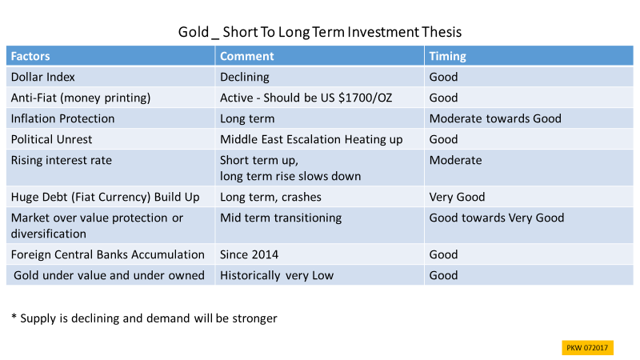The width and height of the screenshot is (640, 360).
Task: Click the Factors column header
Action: coord(30,56)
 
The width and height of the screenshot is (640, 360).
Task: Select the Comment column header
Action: coord(247,56)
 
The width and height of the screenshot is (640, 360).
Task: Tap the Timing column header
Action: coord(447,56)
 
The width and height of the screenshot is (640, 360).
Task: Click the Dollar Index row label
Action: coord(43,77)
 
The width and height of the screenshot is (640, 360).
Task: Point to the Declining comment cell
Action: coord(245,77)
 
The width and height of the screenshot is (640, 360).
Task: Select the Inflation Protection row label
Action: coord(62,118)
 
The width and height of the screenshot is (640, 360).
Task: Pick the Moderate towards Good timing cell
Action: coord(495,118)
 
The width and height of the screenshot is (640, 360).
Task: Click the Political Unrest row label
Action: coord(51,139)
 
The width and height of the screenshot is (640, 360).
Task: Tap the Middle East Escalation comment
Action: coord(311,139)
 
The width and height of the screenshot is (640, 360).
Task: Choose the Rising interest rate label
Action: coord(62,161)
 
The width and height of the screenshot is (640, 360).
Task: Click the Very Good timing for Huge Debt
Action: coord(457,197)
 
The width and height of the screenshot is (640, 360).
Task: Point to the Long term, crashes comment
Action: coord(270,197)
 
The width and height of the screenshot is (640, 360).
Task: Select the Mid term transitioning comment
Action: coord(281,218)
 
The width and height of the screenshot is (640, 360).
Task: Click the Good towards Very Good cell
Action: coord(496,218)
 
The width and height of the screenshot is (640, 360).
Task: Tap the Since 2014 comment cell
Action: coord(249,254)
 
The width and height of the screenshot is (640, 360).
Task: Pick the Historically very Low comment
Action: coord(277,275)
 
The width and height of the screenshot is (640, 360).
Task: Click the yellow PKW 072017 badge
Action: coord(587,348)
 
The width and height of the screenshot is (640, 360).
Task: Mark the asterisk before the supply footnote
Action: coord(14,316)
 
